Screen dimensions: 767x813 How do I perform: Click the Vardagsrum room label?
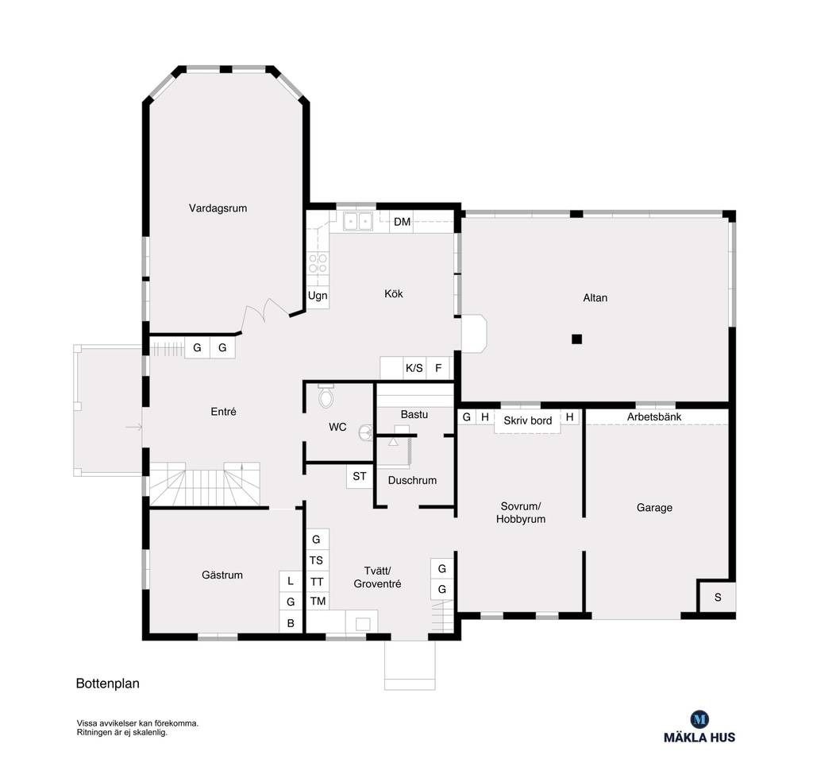218,208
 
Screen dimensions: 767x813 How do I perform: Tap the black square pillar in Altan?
576,339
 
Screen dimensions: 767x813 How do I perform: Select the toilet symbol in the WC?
326,396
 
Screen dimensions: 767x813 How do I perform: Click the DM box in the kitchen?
403,222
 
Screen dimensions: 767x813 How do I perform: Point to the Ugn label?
318,296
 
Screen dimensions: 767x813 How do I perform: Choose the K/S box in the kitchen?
414,368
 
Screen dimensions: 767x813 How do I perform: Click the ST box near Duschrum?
360,476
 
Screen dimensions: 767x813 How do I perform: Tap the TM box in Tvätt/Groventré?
318,601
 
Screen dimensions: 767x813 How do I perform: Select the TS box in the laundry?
317,560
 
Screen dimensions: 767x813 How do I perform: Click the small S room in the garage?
717,597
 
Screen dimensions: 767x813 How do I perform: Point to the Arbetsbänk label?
654,416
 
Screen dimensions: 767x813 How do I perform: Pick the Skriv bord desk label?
527,420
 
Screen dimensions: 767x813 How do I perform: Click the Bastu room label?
414,414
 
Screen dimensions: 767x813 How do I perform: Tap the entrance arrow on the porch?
133,428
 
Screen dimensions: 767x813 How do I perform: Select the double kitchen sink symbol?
358,221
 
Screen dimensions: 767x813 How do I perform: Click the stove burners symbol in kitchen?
318,263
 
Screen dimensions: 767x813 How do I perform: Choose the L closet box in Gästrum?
291,581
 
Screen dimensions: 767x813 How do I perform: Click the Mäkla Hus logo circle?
699,719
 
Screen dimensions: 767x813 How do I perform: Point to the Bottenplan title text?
108,683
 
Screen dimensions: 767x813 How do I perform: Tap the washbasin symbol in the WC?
366,432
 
